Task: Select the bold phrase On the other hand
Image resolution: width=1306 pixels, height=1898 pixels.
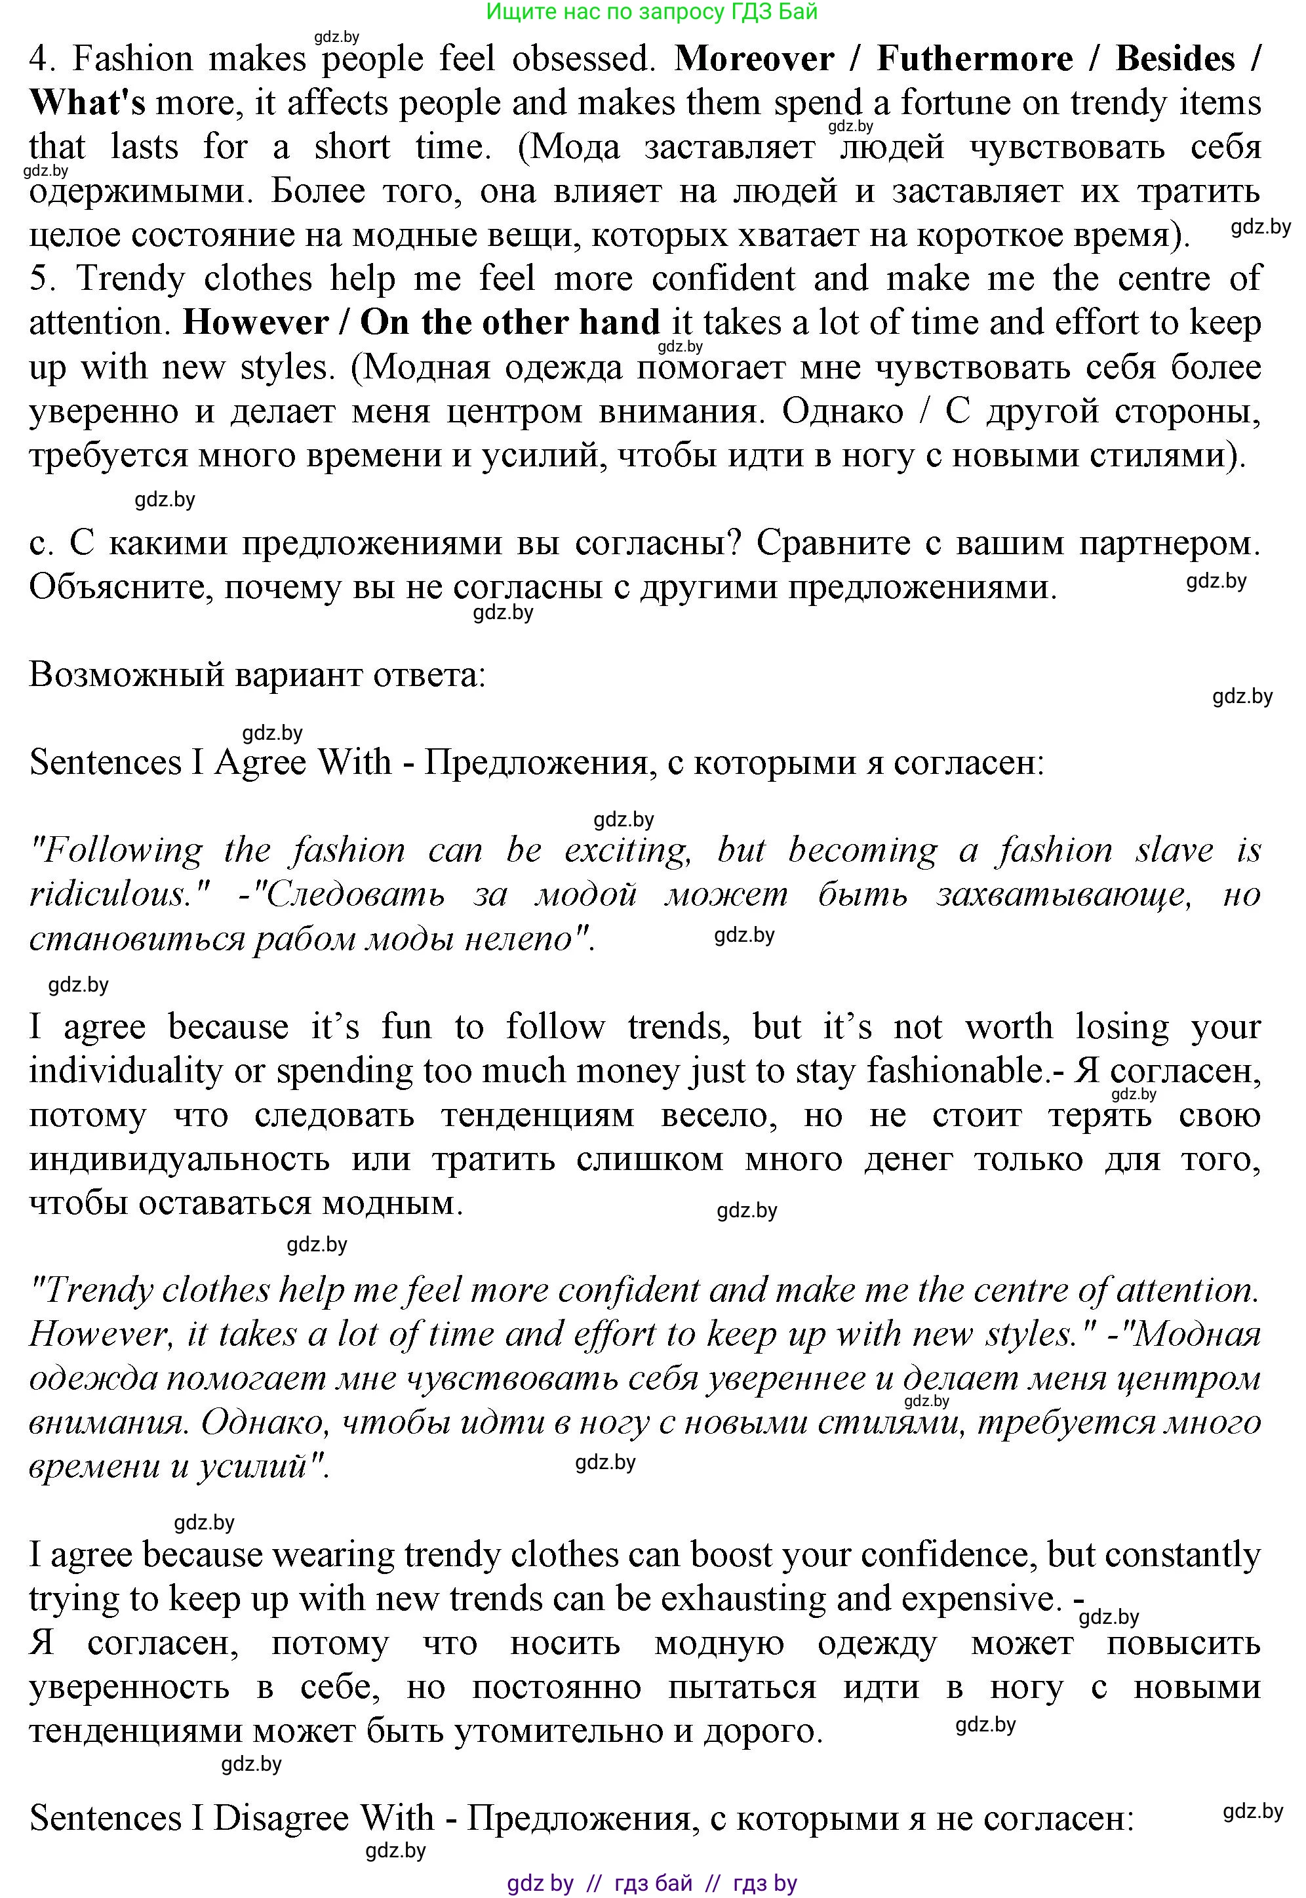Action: pos(510,323)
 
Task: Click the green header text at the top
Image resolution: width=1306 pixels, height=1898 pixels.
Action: pos(652,11)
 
